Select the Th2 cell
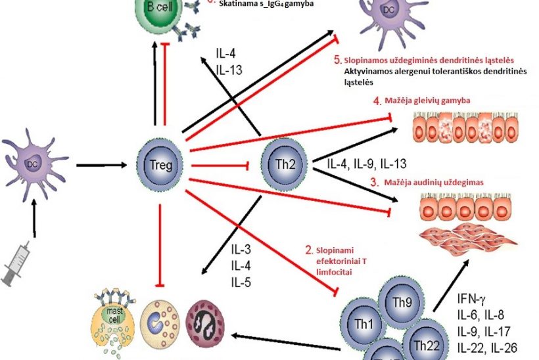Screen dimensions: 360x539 tap(283, 164)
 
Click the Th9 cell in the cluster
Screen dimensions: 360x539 tap(402, 304)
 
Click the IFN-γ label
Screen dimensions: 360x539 tap(473, 302)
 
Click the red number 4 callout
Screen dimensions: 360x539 tap(377, 102)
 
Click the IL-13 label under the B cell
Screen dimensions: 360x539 tap(230, 68)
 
